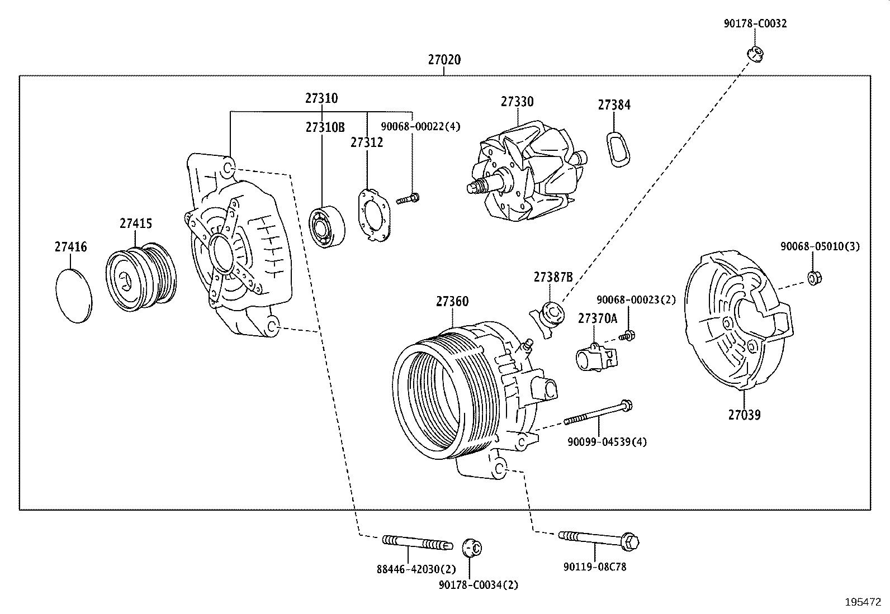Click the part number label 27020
point(444,59)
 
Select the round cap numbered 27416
point(74,294)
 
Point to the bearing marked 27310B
point(326,227)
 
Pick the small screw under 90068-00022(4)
point(410,198)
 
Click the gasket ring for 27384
point(617,149)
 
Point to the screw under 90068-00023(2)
point(627,336)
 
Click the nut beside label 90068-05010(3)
point(814,277)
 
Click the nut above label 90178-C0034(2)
point(473,548)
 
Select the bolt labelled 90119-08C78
point(598,539)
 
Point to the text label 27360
point(452,302)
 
